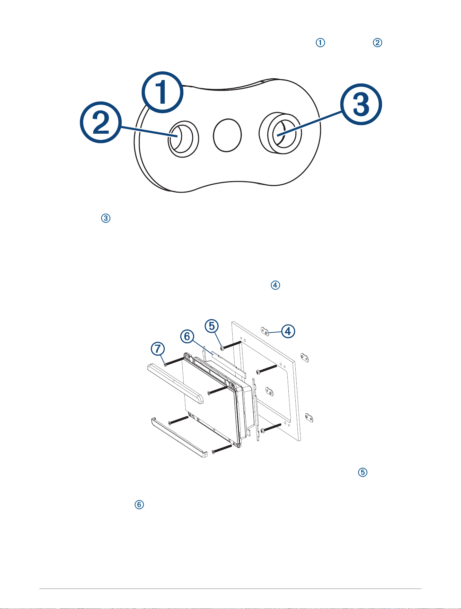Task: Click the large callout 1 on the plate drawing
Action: click(162, 92)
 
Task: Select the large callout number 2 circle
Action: click(101, 122)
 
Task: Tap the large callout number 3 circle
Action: click(361, 104)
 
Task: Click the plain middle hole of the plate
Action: click(227, 135)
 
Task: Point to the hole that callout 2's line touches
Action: click(183, 139)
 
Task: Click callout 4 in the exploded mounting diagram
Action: click(288, 331)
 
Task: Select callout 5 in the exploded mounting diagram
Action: click(212, 326)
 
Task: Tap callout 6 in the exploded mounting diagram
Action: click(187, 336)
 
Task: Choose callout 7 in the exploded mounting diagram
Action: click(158, 348)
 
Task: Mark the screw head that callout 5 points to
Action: click(222, 347)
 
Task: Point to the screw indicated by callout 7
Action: click(176, 361)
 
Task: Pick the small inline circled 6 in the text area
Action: click(139, 505)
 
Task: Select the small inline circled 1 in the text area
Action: click(320, 43)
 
